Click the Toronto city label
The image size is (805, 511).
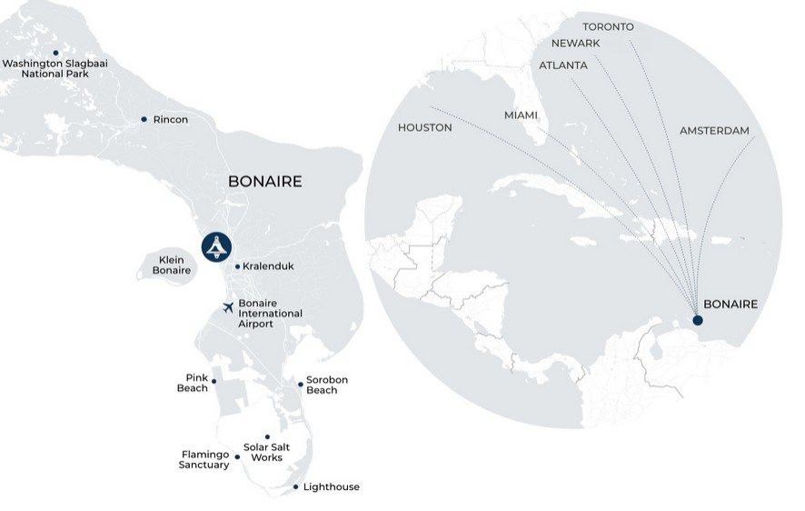click(x=608, y=26)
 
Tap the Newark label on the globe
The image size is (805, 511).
click(x=575, y=43)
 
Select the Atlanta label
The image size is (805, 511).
click(x=563, y=65)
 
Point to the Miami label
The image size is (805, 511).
click(x=521, y=115)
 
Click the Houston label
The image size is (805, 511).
click(x=424, y=127)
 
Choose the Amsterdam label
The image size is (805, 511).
click(x=714, y=131)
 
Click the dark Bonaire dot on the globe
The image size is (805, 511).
click(x=697, y=319)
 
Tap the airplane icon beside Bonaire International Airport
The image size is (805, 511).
click(x=228, y=307)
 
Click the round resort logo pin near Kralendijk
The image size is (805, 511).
click(x=217, y=245)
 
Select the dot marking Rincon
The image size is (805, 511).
click(x=144, y=119)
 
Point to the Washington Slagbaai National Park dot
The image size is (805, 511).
click(x=55, y=53)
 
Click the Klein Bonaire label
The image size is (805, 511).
click(x=171, y=265)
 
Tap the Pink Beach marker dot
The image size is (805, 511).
click(x=214, y=382)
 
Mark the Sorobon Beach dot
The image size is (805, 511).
click(x=301, y=384)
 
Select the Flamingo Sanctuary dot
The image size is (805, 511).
click(x=238, y=456)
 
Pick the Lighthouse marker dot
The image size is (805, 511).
click(x=295, y=487)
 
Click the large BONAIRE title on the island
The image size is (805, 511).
click(x=264, y=182)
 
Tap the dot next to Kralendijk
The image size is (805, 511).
click(x=237, y=266)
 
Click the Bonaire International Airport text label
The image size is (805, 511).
click(x=270, y=313)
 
